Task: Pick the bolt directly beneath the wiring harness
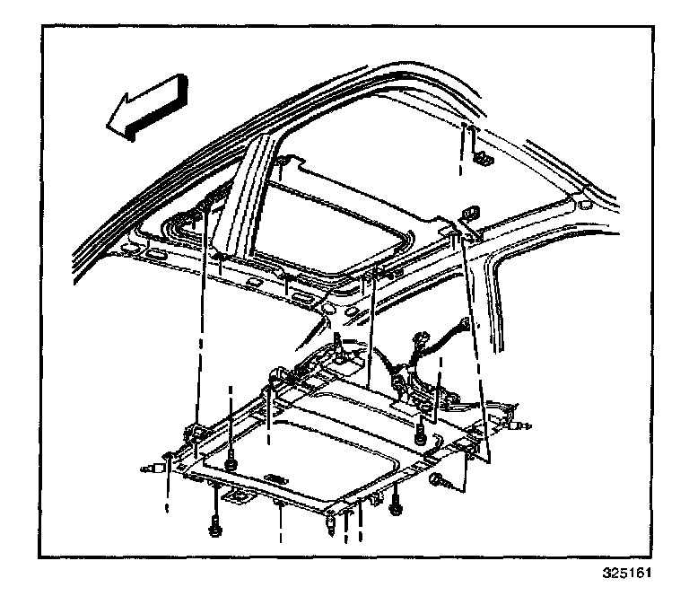point(420,434)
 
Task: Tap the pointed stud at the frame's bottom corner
point(334,522)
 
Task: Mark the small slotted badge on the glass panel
point(277,478)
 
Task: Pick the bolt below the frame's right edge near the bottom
point(395,510)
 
